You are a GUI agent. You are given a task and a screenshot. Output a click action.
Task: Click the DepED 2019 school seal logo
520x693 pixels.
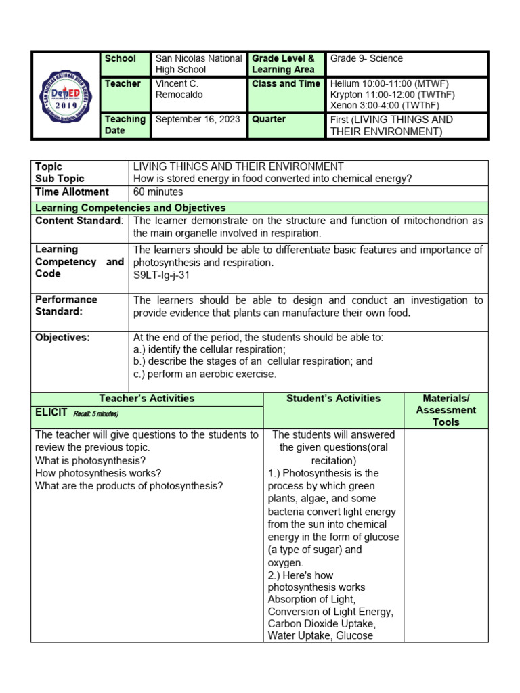(66, 95)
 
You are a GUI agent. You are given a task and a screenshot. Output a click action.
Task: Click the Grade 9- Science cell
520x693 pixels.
(366, 59)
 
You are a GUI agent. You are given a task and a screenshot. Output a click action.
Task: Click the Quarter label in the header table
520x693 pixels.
(269, 119)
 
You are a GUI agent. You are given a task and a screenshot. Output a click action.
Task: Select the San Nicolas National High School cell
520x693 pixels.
(198, 64)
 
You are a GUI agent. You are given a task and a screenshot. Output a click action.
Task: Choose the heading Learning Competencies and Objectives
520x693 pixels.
(131, 208)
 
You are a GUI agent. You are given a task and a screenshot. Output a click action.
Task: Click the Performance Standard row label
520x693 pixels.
(66, 305)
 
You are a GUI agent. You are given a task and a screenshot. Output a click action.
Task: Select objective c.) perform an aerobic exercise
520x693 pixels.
(205, 374)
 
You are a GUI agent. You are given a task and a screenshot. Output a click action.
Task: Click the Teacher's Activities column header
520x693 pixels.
(147, 399)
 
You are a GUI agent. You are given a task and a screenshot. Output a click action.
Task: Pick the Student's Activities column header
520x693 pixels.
(333, 399)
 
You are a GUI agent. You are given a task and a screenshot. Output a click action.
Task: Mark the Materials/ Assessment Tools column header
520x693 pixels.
(446, 410)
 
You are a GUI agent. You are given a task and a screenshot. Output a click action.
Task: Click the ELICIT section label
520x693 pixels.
(51, 412)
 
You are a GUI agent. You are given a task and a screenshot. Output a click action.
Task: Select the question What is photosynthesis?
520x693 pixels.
(91, 460)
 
